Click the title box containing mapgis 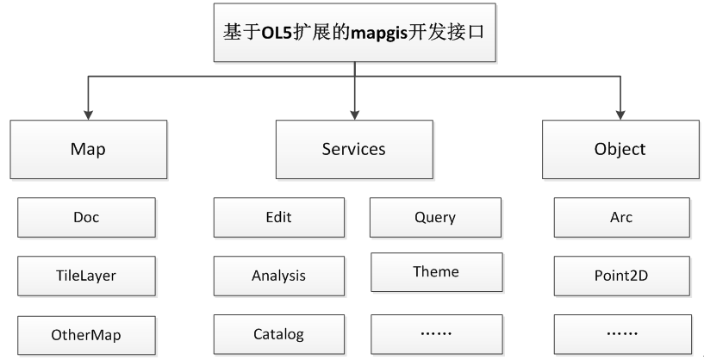(355, 33)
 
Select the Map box (89, 150)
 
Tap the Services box (354, 150)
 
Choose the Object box (620, 150)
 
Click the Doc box (87, 217)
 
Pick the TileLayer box (87, 276)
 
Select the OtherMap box (87, 335)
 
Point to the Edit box (279, 217)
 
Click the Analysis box (279, 276)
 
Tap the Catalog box (279, 334)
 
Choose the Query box (435, 217)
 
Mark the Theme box (436, 272)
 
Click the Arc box (622, 217)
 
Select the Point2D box (622, 276)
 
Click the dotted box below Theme (436, 334)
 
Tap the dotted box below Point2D (623, 334)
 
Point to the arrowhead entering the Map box (89, 115)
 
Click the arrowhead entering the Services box (355, 115)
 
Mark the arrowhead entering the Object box (620, 115)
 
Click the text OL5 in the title (277, 34)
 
